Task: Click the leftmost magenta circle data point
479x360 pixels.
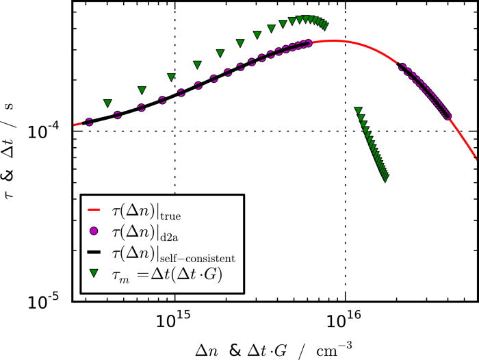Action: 89,122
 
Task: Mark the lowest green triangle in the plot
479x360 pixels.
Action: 386,179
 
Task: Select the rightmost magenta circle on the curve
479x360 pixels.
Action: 448,116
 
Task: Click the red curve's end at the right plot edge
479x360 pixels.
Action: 477,160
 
